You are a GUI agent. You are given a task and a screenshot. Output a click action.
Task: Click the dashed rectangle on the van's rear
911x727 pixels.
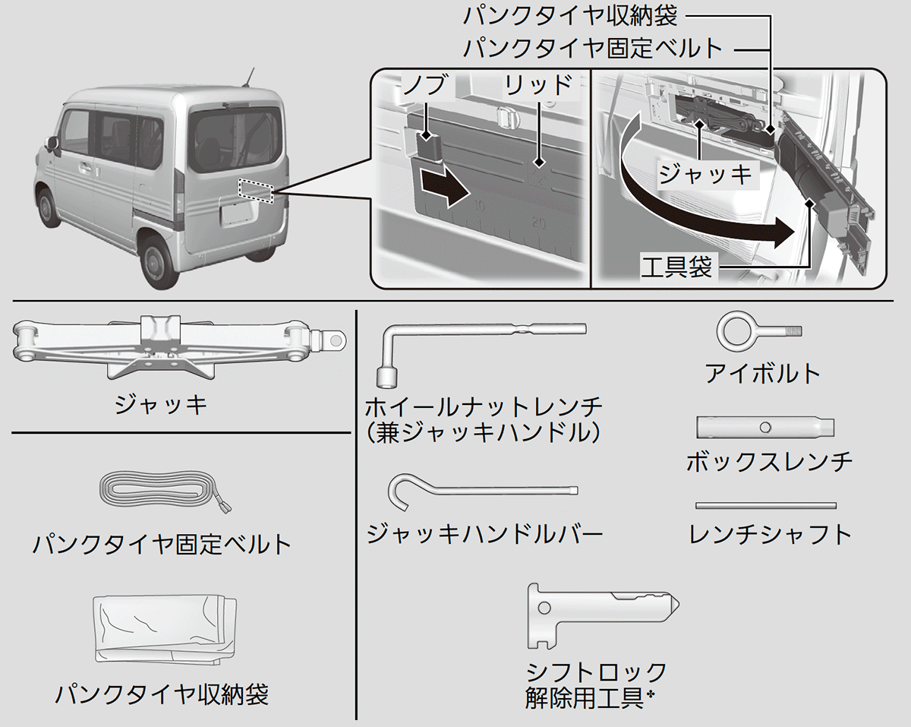254,191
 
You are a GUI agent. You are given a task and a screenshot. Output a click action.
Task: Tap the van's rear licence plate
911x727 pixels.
236,214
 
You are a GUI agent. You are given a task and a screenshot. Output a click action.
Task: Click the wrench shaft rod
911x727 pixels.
766,505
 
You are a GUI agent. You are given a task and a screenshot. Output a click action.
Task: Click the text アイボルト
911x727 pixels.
763,373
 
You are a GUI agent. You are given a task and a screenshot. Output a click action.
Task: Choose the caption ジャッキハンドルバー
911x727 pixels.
484,534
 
